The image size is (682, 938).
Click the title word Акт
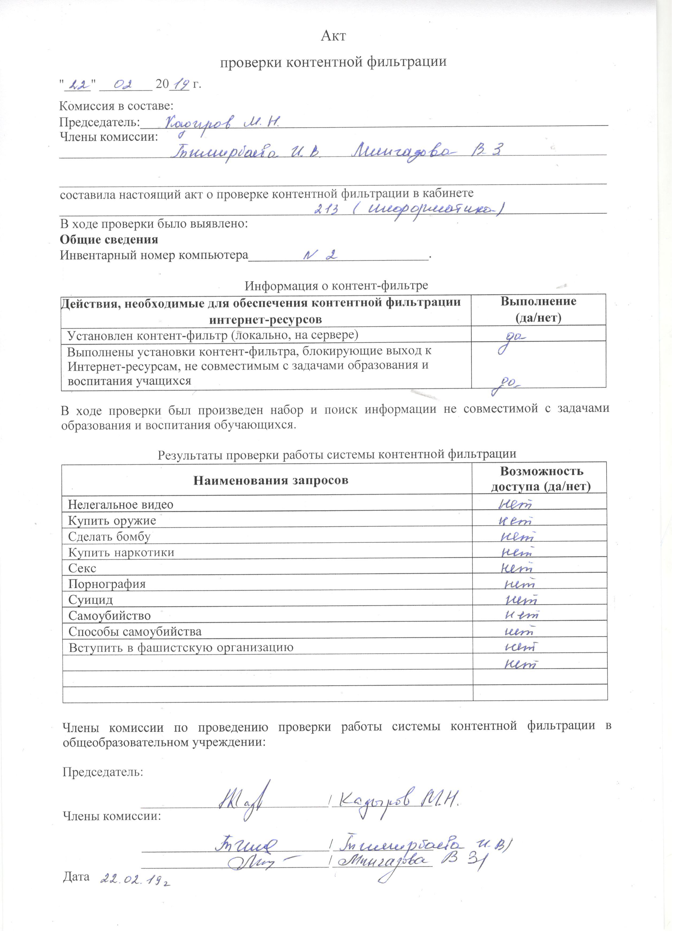point(333,36)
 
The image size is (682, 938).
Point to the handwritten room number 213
point(327,210)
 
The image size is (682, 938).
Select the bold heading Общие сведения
point(109,239)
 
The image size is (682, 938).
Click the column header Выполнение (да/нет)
point(538,309)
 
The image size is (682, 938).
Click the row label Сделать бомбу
point(109,537)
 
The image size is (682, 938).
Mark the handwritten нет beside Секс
point(516,568)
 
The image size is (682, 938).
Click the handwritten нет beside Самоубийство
point(522,615)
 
